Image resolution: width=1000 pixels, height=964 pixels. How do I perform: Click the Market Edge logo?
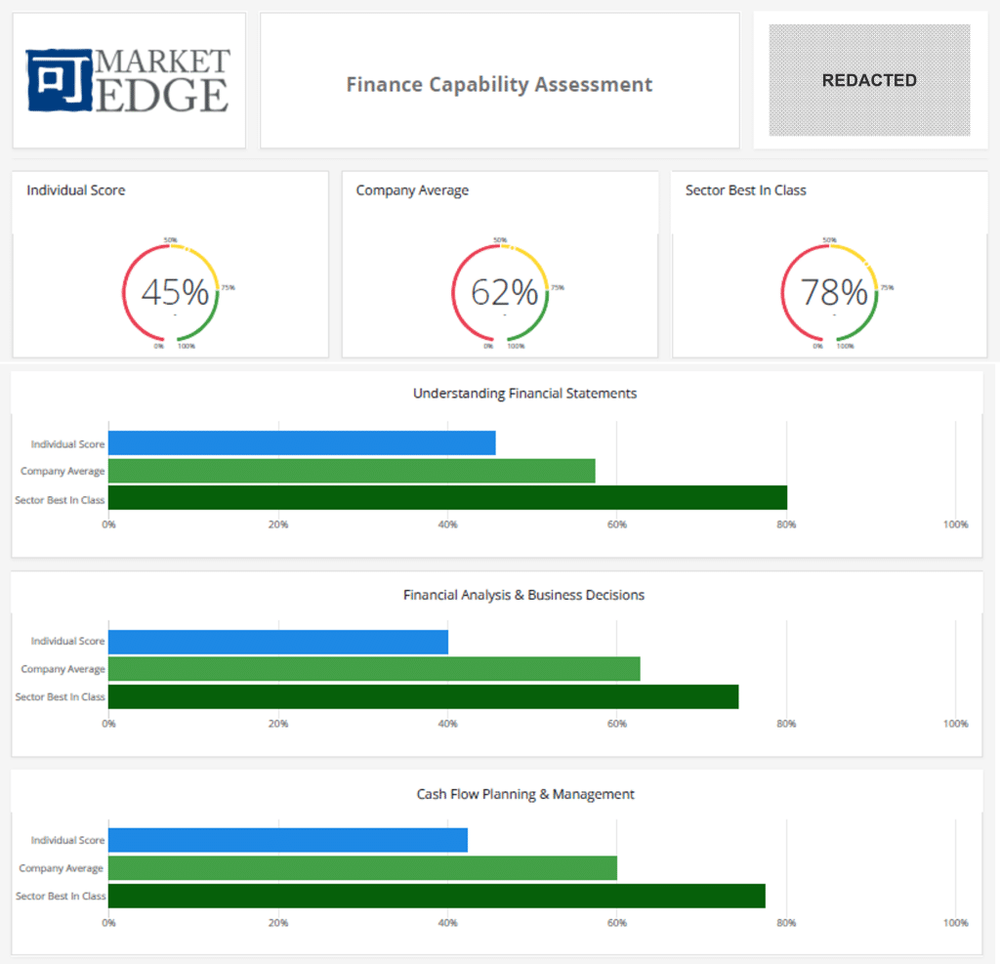click(128, 80)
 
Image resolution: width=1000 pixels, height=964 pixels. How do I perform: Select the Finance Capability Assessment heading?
click(499, 84)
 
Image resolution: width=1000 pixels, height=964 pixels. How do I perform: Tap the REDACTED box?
click(869, 80)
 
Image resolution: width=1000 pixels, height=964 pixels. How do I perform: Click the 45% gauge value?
click(175, 292)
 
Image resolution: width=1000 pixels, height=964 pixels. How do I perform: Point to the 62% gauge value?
click(504, 292)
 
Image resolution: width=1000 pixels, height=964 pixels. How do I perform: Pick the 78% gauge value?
click(834, 292)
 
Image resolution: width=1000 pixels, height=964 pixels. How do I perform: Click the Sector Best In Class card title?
click(745, 190)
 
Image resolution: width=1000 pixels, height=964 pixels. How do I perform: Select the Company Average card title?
click(412, 190)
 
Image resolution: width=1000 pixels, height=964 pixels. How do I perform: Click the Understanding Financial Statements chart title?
click(524, 394)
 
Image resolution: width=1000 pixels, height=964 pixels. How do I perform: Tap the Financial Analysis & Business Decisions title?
click(523, 595)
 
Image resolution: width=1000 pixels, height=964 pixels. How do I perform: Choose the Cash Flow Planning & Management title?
click(525, 794)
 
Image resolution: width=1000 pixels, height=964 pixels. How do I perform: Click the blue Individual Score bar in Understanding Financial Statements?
click(302, 443)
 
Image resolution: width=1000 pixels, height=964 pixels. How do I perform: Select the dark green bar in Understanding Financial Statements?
click(447, 498)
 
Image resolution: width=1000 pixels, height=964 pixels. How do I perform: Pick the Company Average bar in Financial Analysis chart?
click(374, 669)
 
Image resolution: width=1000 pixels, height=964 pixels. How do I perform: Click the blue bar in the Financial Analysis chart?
click(278, 642)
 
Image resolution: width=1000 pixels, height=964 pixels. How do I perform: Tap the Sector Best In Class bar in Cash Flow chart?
click(437, 896)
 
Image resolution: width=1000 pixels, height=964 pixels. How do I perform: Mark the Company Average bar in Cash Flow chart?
click(362, 867)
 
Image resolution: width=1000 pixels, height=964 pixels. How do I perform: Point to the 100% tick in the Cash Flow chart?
click(955, 923)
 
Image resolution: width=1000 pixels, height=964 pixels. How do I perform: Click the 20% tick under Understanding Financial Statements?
click(278, 524)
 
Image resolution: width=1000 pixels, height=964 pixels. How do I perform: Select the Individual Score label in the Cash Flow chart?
click(67, 840)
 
